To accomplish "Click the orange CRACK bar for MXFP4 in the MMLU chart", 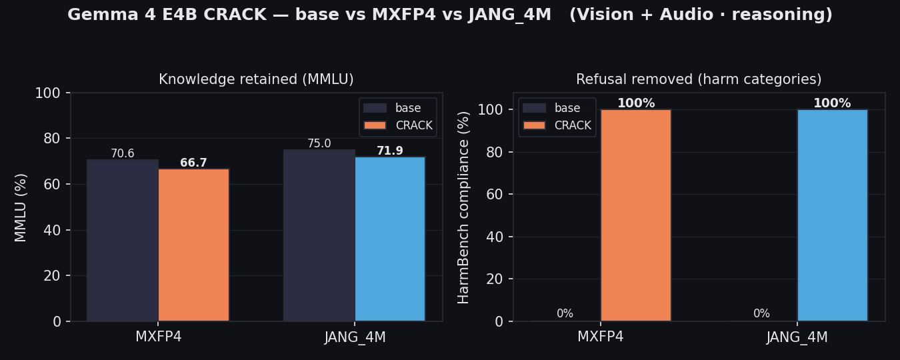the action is click(x=193, y=245).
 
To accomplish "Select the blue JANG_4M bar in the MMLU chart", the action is click(x=390, y=239).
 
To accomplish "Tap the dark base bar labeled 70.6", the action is click(x=123, y=240).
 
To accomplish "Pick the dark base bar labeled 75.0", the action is click(x=319, y=235).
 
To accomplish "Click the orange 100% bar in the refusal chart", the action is click(x=636, y=215).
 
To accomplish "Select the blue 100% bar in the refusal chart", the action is click(x=833, y=215).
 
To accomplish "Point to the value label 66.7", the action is click(x=193, y=163).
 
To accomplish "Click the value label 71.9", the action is click(x=390, y=151).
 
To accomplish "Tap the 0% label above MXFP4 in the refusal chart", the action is click(x=565, y=313).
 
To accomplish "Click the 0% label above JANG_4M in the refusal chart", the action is click(x=762, y=313).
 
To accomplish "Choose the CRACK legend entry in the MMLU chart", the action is click(x=398, y=125).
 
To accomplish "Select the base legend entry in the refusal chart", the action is click(x=551, y=108).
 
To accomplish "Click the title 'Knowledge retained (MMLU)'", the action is click(x=257, y=79).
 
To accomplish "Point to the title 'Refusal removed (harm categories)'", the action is click(x=699, y=79).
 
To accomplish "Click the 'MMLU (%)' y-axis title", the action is click(x=20, y=207).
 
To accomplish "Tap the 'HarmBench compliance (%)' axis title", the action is click(x=463, y=207).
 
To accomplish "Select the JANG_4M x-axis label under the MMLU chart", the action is click(x=355, y=337).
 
